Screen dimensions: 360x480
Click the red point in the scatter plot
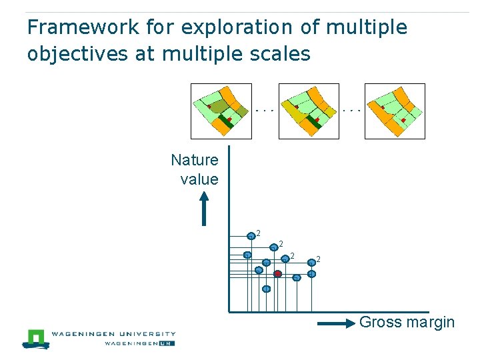[277, 273]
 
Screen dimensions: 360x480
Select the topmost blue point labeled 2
[251, 234]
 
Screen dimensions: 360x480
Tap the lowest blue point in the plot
[266, 289]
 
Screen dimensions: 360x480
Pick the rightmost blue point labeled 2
[311, 263]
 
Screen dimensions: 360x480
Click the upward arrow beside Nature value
[205, 209]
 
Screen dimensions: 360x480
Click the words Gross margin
[407, 323]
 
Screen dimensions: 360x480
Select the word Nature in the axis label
[195, 160]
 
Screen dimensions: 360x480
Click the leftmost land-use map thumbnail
[221, 111]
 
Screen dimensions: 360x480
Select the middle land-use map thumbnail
[308, 111]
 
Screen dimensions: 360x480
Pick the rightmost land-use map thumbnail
[395, 111]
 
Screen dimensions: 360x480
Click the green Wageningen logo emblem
[35, 338]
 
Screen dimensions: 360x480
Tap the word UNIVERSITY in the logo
[144, 334]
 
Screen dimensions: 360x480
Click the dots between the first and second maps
[265, 109]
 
